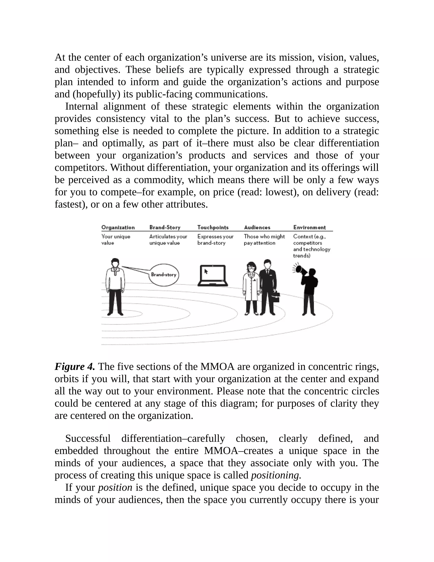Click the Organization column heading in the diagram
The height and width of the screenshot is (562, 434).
point(118,228)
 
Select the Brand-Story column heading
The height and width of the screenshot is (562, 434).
point(165,228)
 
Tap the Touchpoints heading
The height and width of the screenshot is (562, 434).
point(213,228)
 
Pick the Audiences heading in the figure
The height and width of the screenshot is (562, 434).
point(257,228)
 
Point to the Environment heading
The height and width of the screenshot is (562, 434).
point(310,228)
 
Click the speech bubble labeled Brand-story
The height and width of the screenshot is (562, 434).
point(164,275)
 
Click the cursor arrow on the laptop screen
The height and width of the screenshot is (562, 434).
point(206,271)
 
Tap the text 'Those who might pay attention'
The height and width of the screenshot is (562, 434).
point(264,240)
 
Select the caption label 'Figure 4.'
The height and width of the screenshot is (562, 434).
point(75,366)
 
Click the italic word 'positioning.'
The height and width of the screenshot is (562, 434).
point(276,475)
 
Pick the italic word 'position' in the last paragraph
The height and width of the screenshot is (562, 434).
point(115,487)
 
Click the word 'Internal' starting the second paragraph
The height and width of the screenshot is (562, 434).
point(82,106)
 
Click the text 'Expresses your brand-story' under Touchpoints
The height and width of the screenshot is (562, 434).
point(215,240)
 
